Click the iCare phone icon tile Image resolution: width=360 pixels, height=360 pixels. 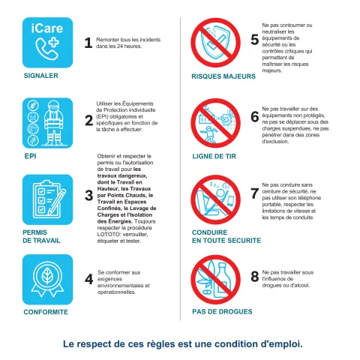click(47, 43)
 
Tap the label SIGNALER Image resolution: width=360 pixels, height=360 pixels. click(41, 76)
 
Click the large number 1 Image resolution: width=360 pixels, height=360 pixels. click(88, 43)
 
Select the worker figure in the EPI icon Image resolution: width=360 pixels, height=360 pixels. click(54, 123)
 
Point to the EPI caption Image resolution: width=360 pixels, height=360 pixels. click(30, 156)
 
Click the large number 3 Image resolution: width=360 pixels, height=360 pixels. click(88, 196)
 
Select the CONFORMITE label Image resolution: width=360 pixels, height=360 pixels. click(46, 312)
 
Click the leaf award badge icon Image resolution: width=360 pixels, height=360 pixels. click(47, 280)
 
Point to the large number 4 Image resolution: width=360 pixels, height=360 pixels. click(89, 279)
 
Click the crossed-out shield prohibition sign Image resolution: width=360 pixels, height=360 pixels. click(215, 43)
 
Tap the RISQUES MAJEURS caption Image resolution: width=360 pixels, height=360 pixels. click(223, 76)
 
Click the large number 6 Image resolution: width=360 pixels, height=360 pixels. click(255, 117)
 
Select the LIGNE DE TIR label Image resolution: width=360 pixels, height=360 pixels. click(214, 157)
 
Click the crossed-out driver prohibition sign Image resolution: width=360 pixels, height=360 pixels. click(215, 199)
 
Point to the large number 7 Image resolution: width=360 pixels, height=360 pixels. click(255, 193)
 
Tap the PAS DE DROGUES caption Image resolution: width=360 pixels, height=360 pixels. click(222, 312)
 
